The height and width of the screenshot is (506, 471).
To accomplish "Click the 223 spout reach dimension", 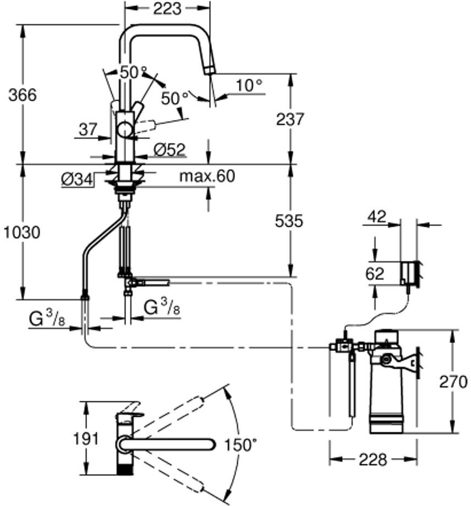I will coord(167,9).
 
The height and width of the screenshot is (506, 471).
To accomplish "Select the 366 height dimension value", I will coord(23,95).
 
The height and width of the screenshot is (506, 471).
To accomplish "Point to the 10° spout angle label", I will coord(249,85).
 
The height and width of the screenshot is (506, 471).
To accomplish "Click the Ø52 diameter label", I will coord(169,149).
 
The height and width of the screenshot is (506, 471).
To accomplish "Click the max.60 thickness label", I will coord(207,177).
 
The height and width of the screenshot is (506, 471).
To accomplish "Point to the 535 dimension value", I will coord(289,221).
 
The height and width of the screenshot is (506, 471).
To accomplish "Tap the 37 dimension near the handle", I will coord(87,130).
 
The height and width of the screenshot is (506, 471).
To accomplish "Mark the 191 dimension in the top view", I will coord(87,438).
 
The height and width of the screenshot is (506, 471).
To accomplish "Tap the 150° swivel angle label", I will coord(240,444).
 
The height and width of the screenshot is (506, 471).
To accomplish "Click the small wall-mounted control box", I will coord(409,272).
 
